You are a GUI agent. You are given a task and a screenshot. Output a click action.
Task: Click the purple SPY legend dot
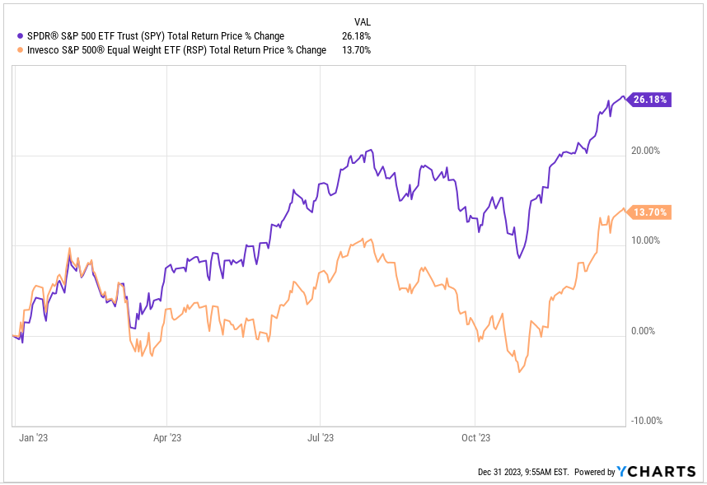point(20,36)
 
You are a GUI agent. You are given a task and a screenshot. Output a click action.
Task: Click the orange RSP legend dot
point(20,50)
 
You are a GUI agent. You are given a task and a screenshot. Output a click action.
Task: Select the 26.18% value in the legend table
point(356,36)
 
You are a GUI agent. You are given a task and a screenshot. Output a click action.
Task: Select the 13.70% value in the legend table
point(356,50)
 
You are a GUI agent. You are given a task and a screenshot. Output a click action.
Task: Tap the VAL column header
point(363,21)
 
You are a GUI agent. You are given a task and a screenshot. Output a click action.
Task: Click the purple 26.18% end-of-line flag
point(650,100)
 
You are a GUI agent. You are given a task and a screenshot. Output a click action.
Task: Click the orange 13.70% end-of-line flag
point(650,212)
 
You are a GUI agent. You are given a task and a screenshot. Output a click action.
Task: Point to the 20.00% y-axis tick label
point(645,151)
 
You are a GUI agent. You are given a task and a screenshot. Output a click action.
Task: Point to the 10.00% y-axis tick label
point(645,240)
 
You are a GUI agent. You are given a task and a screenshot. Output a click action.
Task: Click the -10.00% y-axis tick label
point(645,421)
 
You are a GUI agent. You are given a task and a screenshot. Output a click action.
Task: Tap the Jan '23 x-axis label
point(32,437)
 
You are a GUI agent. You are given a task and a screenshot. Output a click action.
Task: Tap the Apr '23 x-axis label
point(167,437)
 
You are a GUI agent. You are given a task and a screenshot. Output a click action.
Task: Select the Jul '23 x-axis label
point(321,437)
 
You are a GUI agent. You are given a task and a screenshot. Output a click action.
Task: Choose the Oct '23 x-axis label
point(475,437)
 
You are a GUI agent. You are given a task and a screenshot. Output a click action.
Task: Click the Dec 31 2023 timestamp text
point(523,472)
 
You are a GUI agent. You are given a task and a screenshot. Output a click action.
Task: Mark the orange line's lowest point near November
point(519,372)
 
